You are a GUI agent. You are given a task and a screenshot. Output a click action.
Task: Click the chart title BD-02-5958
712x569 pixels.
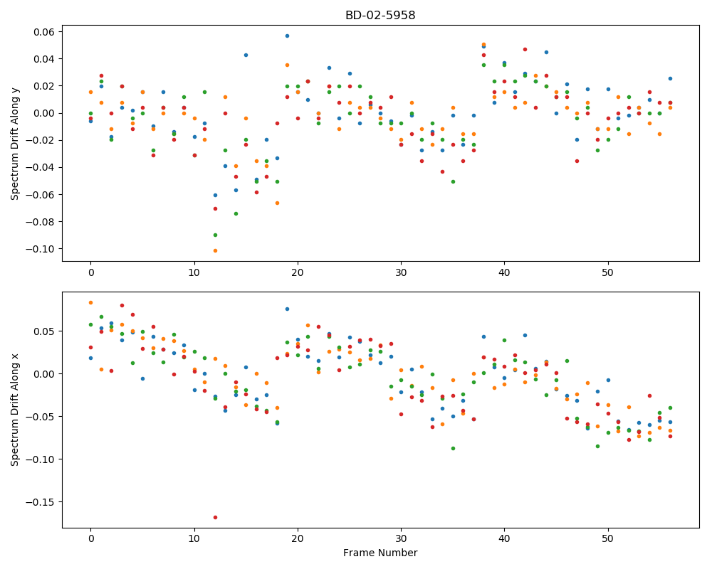point(380,16)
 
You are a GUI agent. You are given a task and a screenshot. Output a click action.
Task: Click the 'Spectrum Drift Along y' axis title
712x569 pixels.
point(15,144)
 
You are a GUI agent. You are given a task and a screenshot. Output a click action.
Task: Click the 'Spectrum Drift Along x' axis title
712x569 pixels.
point(15,410)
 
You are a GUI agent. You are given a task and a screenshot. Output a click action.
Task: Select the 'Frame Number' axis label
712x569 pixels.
point(380,553)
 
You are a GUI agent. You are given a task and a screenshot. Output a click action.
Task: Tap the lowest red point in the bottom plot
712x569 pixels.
point(215,517)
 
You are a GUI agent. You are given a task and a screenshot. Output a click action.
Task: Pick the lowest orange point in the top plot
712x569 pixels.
point(215,250)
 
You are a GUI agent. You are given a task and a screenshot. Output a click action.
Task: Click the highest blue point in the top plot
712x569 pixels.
point(287,36)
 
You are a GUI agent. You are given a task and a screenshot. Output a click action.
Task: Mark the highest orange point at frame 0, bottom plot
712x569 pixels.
point(91,303)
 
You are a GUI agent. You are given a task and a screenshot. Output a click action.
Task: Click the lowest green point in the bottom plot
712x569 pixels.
point(453,448)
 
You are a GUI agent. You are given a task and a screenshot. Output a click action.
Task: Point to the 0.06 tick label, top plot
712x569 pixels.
point(44,32)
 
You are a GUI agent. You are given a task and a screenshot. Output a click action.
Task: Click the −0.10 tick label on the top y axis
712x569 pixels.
point(41,249)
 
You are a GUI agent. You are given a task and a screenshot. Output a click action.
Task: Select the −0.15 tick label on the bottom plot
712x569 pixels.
point(41,502)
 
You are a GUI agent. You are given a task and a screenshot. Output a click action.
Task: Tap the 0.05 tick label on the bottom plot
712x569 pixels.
point(44,331)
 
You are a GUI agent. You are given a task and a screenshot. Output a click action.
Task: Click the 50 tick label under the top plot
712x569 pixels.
point(607,272)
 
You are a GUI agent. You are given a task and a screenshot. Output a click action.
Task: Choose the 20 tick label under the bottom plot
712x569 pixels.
point(298,539)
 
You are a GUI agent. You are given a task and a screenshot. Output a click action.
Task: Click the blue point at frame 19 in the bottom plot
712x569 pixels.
point(287,309)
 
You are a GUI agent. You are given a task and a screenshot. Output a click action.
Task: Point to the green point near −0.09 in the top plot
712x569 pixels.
point(215,235)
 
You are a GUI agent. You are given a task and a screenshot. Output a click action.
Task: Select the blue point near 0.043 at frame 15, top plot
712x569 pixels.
point(246,55)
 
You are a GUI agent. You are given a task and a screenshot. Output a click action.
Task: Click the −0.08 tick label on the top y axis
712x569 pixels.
point(41,222)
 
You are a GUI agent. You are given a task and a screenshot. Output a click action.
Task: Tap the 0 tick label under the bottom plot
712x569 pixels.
point(91,539)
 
